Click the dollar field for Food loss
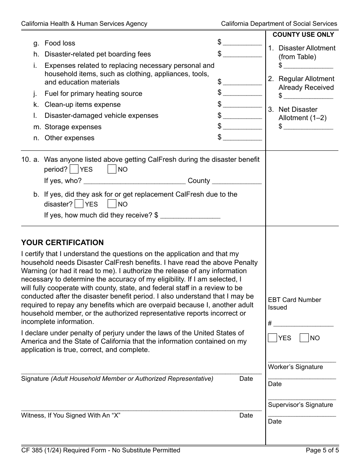click(x=243, y=42)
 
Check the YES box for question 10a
click(x=75, y=169)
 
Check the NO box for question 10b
click(x=112, y=204)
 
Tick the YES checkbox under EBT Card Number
click(x=272, y=338)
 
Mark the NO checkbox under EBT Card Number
click(x=304, y=338)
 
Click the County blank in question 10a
click(x=236, y=181)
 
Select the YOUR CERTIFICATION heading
click(x=62, y=242)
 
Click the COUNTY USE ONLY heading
click(x=303, y=34)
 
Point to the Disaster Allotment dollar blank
click(x=308, y=66)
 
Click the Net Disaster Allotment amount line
click(x=308, y=127)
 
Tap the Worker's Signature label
click(x=295, y=367)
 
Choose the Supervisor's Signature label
click(x=300, y=405)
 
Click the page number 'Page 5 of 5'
click(x=321, y=450)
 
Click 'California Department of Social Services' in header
click(x=279, y=23)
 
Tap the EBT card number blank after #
click(x=303, y=323)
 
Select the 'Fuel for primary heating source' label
click(x=93, y=93)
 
